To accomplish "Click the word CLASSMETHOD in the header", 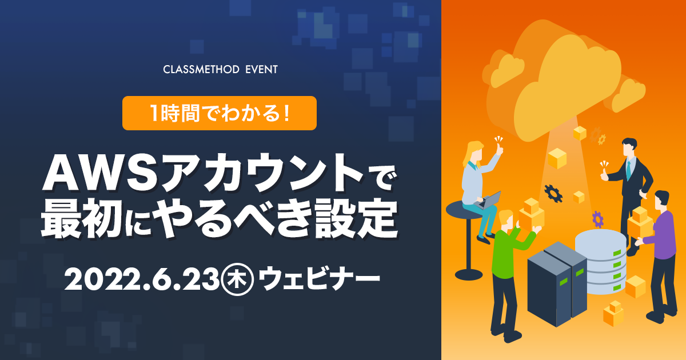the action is click(x=201, y=70).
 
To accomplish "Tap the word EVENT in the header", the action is click(x=262, y=70).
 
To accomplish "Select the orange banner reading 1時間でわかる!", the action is click(x=220, y=113).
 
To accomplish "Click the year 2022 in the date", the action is click(x=100, y=279).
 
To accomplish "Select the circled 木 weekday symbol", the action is click(x=238, y=279).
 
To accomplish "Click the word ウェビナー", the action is click(x=319, y=278).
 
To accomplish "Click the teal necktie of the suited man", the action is click(x=628, y=170).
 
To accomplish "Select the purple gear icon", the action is click(x=597, y=219).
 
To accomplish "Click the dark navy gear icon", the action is click(x=553, y=194).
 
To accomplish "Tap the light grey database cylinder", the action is click(x=600, y=262).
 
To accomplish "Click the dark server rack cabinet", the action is click(x=557, y=283).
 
